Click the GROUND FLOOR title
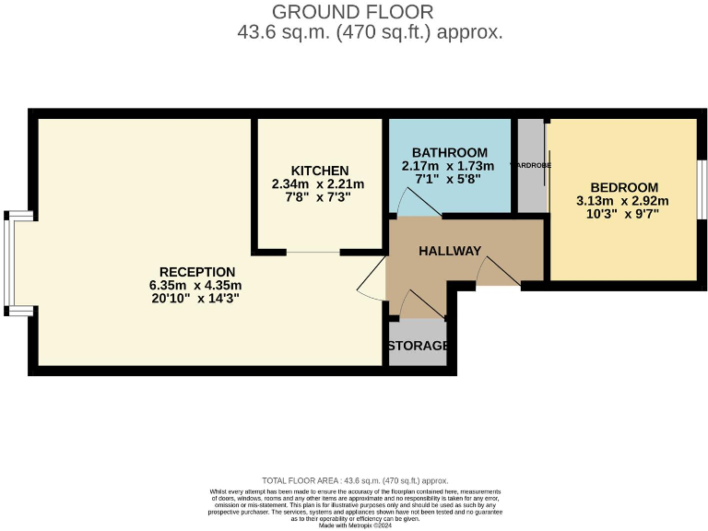[352, 12]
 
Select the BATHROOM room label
[449, 152]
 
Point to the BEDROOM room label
[624, 187]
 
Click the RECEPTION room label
[197, 272]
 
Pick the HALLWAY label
[450, 251]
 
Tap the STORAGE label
[418, 346]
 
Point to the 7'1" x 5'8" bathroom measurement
[448, 180]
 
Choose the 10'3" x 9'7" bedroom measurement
[623, 214]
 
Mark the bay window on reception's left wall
[9, 263]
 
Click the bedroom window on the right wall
[702, 189]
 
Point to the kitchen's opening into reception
[313, 252]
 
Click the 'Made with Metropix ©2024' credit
[355, 525]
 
